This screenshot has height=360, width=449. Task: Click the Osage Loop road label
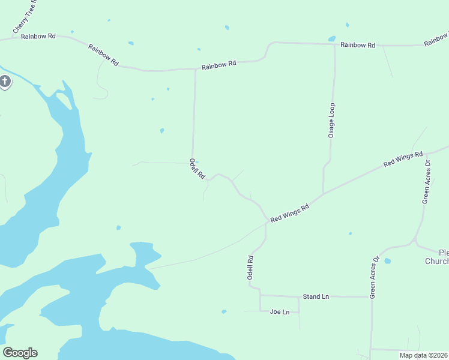click(x=331, y=121)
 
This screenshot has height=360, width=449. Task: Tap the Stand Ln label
click(x=316, y=297)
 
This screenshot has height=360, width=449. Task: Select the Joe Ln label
click(x=280, y=312)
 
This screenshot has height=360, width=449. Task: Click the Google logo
click(x=20, y=353)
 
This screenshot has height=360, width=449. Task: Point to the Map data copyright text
click(x=423, y=355)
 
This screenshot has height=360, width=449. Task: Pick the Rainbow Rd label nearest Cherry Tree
click(x=38, y=37)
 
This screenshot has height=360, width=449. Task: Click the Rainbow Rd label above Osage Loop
click(x=358, y=45)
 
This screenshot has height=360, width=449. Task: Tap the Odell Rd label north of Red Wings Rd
click(x=197, y=169)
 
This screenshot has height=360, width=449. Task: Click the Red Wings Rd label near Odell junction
click(x=289, y=213)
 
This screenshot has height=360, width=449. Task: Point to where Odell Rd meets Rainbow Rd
click(x=195, y=69)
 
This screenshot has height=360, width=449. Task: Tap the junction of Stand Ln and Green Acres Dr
click(x=371, y=296)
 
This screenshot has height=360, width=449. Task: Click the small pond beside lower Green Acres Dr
click(x=387, y=261)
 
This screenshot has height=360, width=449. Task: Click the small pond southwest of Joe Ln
click(x=224, y=311)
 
